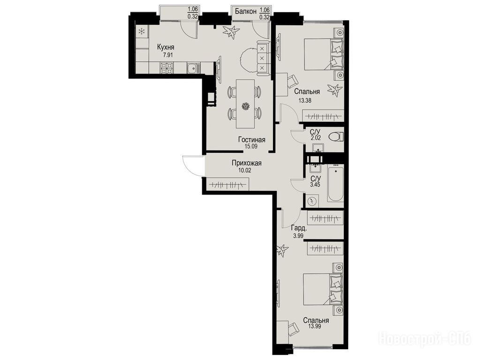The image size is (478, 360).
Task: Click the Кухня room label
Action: click(166, 47)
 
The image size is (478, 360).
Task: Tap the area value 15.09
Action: click(251, 146)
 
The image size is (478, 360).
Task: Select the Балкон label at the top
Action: click(245, 12)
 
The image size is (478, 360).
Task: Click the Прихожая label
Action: click(247, 163)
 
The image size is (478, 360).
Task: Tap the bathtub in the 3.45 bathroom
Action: click(335, 183)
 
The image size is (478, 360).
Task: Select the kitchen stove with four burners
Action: click(167, 67)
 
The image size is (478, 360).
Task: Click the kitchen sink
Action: click(193, 68)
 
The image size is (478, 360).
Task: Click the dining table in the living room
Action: click(245, 104)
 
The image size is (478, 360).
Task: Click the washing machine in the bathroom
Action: click(311, 201)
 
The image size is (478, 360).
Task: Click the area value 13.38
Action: click(305, 100)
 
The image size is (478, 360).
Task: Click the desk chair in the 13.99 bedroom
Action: click(294, 328)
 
